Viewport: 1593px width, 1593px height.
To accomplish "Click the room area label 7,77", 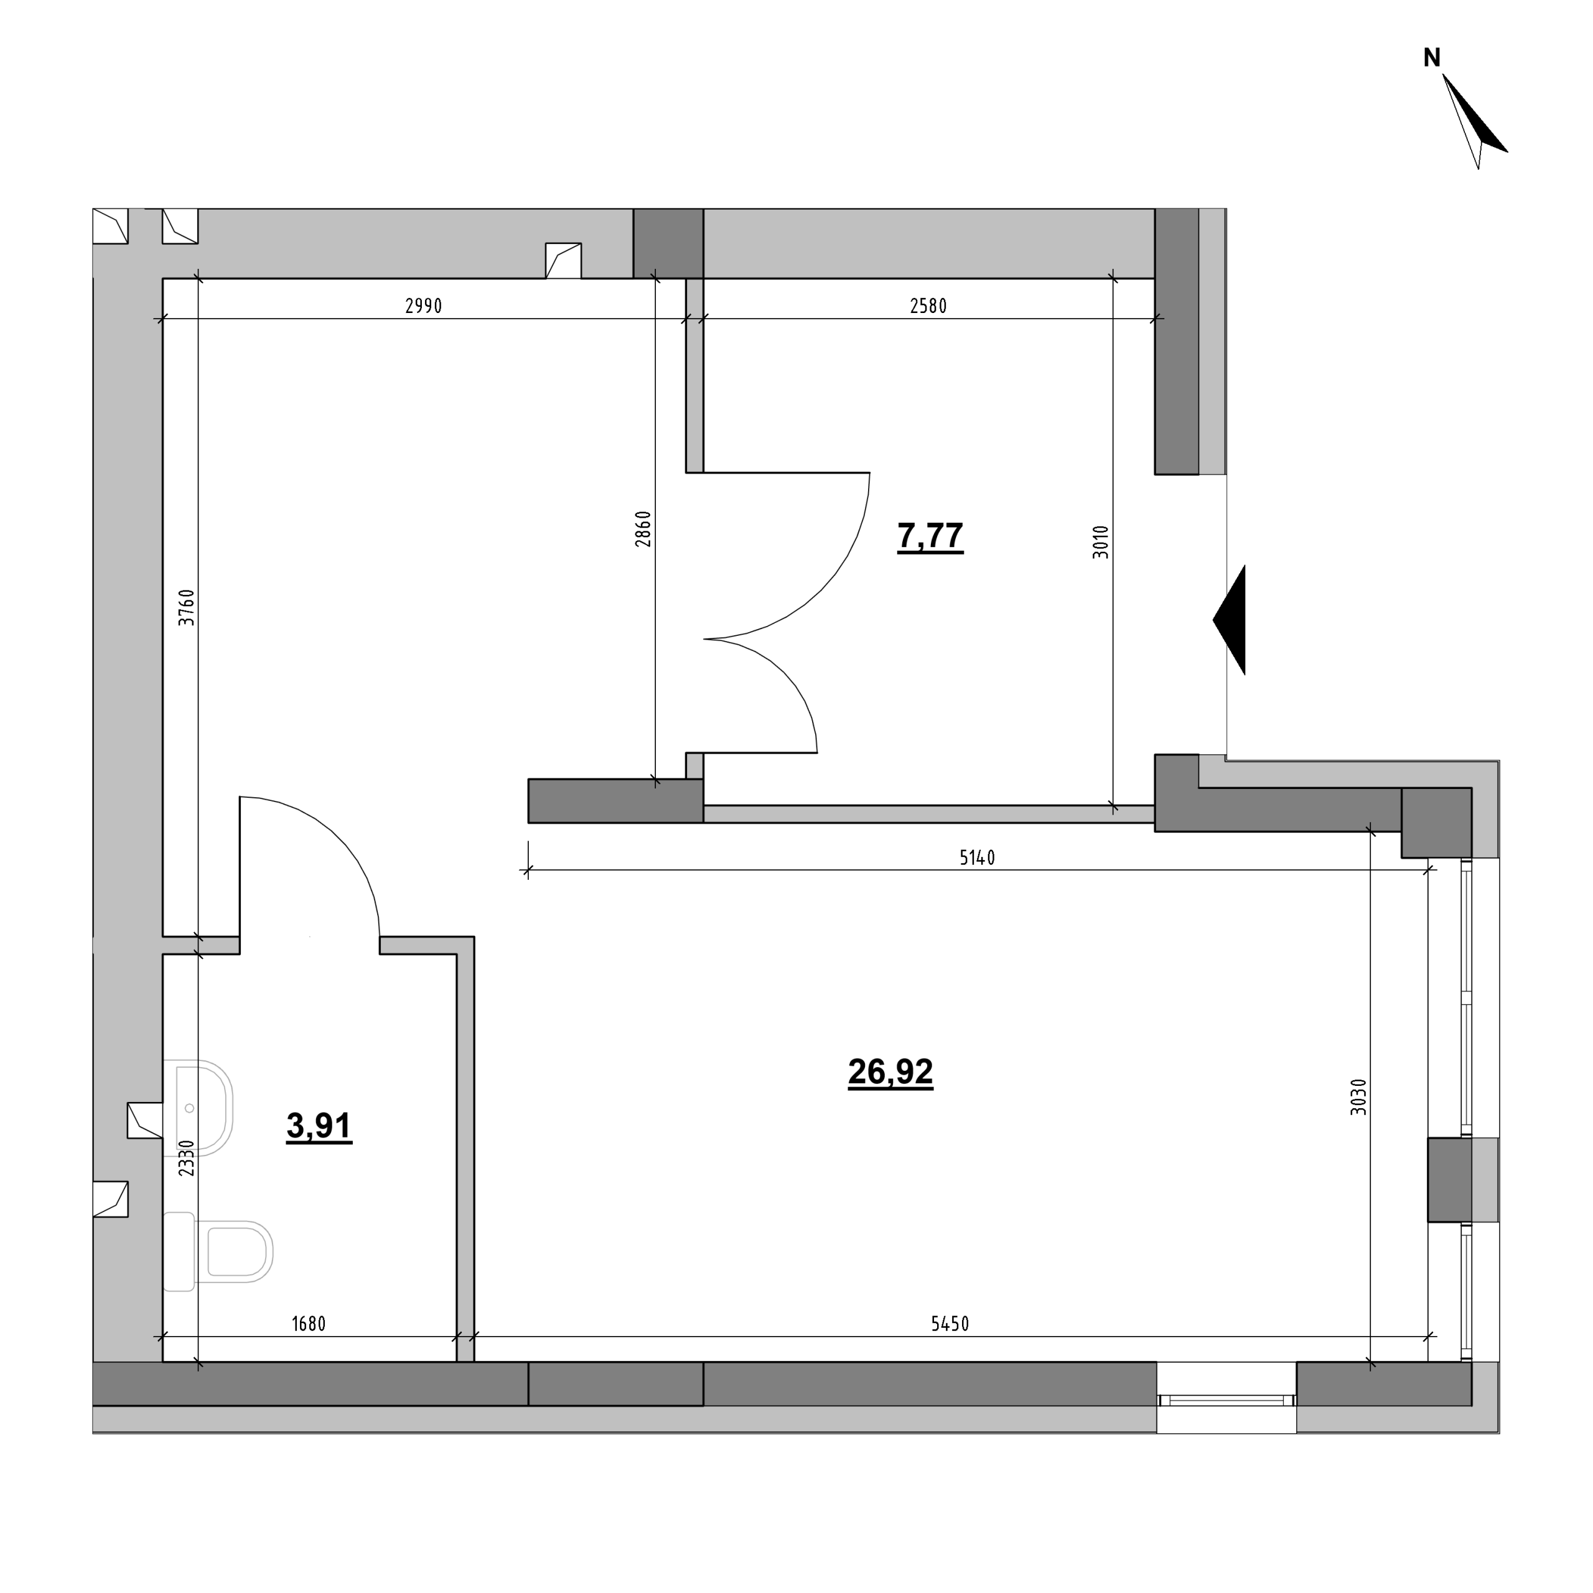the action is [x=930, y=536].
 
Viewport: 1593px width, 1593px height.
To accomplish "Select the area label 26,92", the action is [x=890, y=1072].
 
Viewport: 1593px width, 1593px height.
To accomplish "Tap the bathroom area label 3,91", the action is [x=319, y=1126].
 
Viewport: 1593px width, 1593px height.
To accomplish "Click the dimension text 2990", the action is [x=424, y=306].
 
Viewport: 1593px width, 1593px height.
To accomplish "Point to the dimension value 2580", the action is [x=928, y=306].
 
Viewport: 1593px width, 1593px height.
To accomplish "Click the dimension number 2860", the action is [x=643, y=530].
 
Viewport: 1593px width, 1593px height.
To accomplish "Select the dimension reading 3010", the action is [x=1101, y=543].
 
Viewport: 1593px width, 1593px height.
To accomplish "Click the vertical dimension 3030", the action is [x=1359, y=1098].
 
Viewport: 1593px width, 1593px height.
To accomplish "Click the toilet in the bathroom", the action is [x=218, y=1251].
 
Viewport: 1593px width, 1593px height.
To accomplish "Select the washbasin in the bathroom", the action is [x=198, y=1108].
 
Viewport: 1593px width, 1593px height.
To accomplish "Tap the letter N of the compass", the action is [x=1432, y=58].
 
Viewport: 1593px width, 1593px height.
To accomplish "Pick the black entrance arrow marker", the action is [x=1230, y=620].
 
